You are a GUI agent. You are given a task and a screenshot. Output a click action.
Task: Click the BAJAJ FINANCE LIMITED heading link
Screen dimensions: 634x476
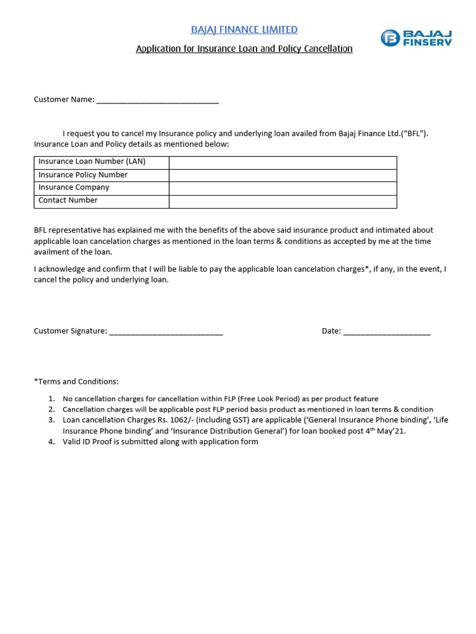click(244, 30)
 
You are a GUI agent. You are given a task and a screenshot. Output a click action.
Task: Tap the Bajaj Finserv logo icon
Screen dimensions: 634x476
click(389, 38)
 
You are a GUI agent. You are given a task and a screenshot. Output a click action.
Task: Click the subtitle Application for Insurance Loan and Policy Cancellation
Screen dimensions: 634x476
click(244, 48)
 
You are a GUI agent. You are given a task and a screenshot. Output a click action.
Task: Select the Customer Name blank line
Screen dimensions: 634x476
click(157, 100)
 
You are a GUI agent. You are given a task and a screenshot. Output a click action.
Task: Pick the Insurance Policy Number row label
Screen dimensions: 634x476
click(83, 175)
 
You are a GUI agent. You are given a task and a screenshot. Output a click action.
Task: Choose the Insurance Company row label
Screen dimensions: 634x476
click(74, 188)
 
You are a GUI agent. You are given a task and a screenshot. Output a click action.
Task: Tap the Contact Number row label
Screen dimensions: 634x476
click(68, 201)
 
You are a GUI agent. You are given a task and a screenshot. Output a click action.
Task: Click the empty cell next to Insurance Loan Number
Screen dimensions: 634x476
click(283, 162)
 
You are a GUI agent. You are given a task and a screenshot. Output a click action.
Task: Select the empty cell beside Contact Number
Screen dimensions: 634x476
click(283, 201)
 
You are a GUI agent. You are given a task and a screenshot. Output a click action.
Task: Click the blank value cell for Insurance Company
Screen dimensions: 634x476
click(283, 188)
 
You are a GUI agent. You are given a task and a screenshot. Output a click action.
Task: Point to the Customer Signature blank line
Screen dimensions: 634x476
click(165, 331)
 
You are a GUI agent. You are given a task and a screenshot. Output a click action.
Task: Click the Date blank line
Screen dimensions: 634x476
click(386, 331)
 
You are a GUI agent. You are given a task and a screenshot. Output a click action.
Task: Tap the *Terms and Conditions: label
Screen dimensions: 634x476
click(76, 381)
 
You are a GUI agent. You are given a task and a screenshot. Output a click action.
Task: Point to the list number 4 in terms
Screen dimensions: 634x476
click(51, 442)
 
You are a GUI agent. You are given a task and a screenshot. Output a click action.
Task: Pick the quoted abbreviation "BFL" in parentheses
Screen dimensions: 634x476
click(415, 134)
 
